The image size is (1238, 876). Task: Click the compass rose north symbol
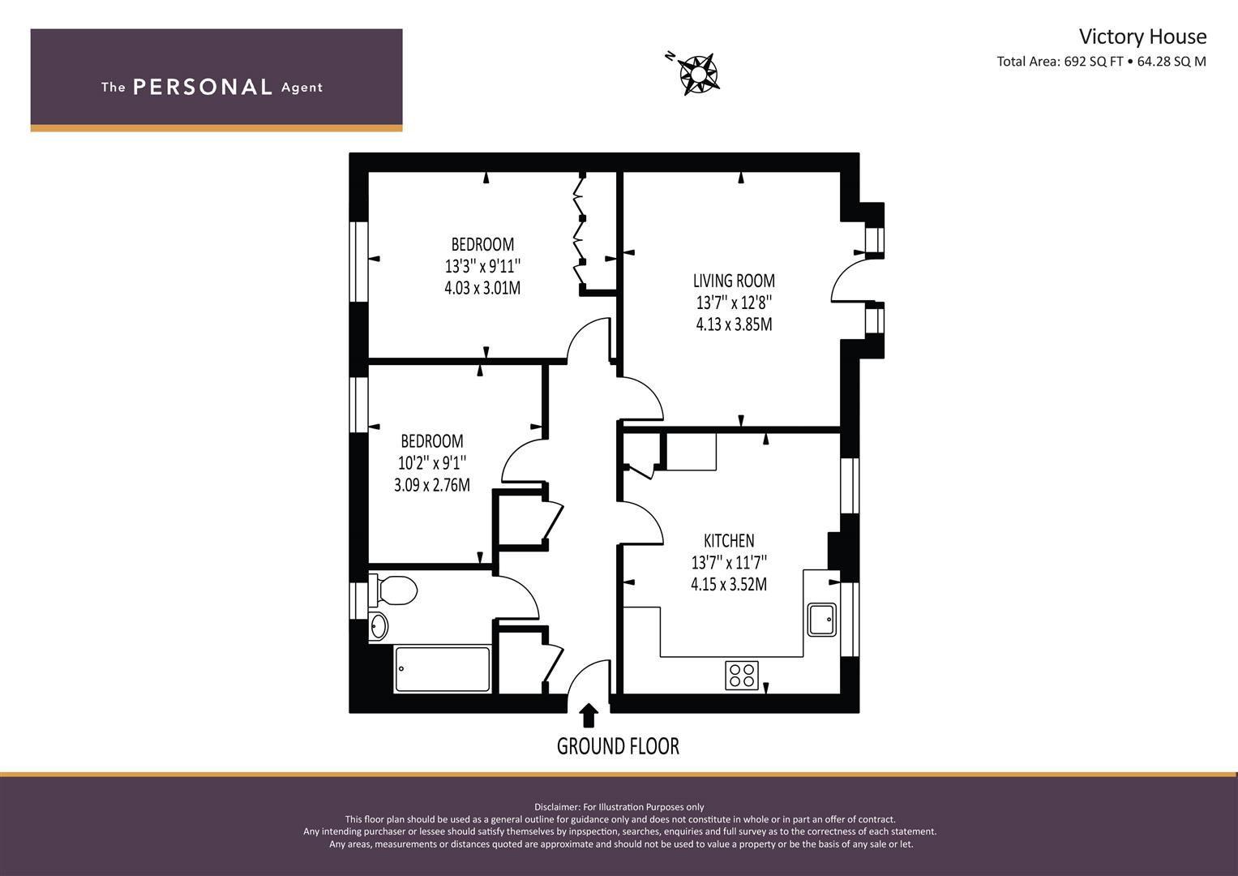696,74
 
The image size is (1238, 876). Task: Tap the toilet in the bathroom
393,590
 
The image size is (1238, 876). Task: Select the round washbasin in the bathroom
379,626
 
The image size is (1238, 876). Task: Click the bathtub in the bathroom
443,669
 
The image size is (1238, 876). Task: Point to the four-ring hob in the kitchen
742,675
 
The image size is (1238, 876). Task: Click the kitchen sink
822,620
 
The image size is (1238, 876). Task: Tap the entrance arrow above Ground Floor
589,715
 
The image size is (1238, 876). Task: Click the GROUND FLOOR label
618,746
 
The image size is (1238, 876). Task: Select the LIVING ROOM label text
734,281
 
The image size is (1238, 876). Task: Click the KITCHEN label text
729,540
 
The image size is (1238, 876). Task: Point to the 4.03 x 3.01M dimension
482,288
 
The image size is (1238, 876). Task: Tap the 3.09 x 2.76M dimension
432,485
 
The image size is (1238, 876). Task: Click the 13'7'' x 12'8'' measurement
734,303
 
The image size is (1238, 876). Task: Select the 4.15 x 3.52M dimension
729,584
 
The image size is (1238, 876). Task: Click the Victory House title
1142,36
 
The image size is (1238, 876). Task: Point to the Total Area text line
1102,62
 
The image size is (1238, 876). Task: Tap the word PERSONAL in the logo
203,87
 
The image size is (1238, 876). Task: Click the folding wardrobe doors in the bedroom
580,232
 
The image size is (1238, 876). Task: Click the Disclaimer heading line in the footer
619,807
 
